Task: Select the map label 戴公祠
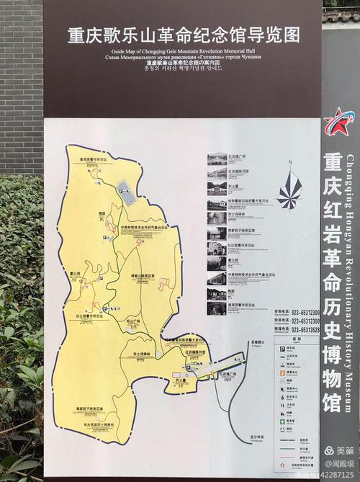click(76, 274)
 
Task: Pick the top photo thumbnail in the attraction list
click(217, 159)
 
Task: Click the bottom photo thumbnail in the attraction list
click(217, 308)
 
